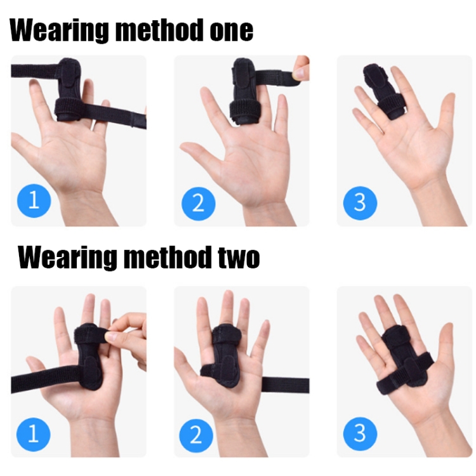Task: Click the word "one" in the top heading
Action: pyautogui.click(x=231, y=30)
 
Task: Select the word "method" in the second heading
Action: pyautogui.click(x=167, y=258)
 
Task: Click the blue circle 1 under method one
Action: pyautogui.click(x=34, y=201)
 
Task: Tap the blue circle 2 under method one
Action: pyautogui.click(x=198, y=203)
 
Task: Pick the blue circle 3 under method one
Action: pyautogui.click(x=360, y=203)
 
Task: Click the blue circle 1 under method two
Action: pyautogui.click(x=34, y=434)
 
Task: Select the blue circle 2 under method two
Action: pyautogui.click(x=196, y=435)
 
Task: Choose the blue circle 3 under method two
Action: pyautogui.click(x=360, y=433)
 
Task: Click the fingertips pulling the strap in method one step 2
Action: pyautogui.click(x=301, y=69)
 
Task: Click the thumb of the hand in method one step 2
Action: pyautogui.click(x=194, y=151)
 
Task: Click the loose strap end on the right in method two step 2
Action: pyautogui.click(x=286, y=385)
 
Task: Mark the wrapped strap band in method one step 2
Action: pyautogui.click(x=244, y=112)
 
